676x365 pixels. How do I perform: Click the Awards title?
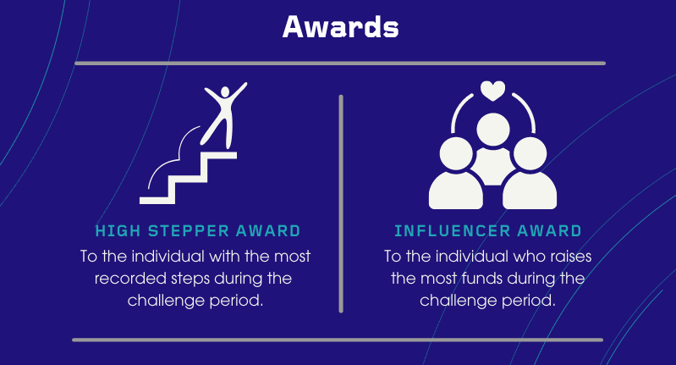pyautogui.click(x=341, y=27)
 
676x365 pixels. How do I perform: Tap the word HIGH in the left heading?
pyautogui.click(x=112, y=231)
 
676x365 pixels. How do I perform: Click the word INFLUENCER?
pyautogui.click(x=452, y=231)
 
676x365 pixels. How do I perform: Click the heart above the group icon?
pyautogui.click(x=492, y=91)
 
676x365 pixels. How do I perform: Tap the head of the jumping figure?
pyautogui.click(x=224, y=92)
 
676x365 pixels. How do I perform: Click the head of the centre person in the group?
pyautogui.click(x=492, y=130)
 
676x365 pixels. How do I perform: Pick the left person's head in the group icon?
pyautogui.click(x=456, y=153)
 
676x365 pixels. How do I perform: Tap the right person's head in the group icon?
pyautogui.click(x=530, y=153)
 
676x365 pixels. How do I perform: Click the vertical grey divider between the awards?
pyautogui.click(x=341, y=203)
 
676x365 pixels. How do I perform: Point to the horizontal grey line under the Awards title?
pyautogui.click(x=340, y=64)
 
